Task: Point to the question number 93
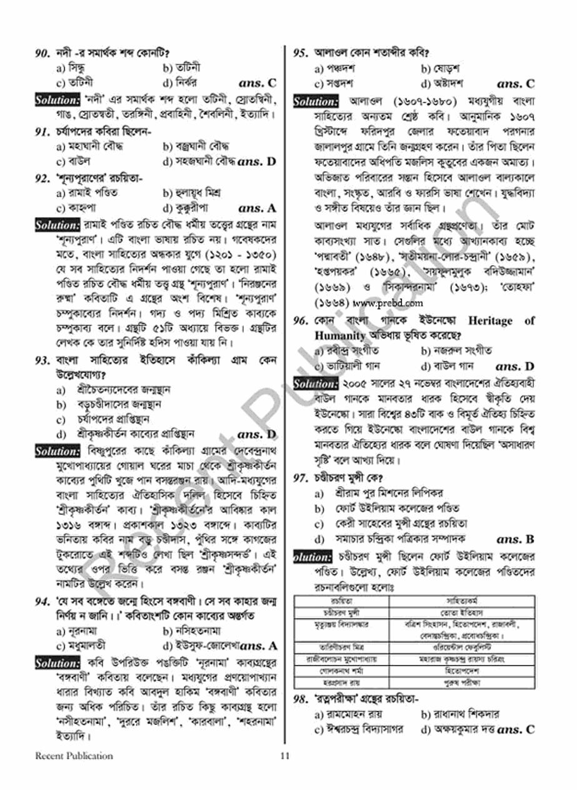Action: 43,361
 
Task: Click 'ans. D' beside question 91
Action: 257,161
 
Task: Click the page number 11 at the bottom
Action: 285,756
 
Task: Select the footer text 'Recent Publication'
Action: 74,756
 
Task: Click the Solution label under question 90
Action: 57,99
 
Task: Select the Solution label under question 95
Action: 316,101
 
